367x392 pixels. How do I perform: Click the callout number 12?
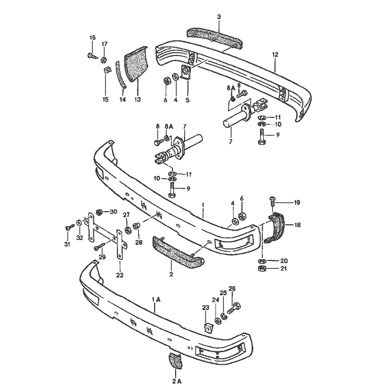275,55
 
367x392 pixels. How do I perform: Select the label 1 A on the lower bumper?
156,299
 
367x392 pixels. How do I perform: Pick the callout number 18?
297,225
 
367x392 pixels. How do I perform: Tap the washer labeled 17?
104,59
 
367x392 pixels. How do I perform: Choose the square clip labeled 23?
208,328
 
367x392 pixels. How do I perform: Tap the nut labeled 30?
99,213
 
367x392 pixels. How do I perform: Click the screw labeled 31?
68,227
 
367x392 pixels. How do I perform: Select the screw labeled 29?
98,247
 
